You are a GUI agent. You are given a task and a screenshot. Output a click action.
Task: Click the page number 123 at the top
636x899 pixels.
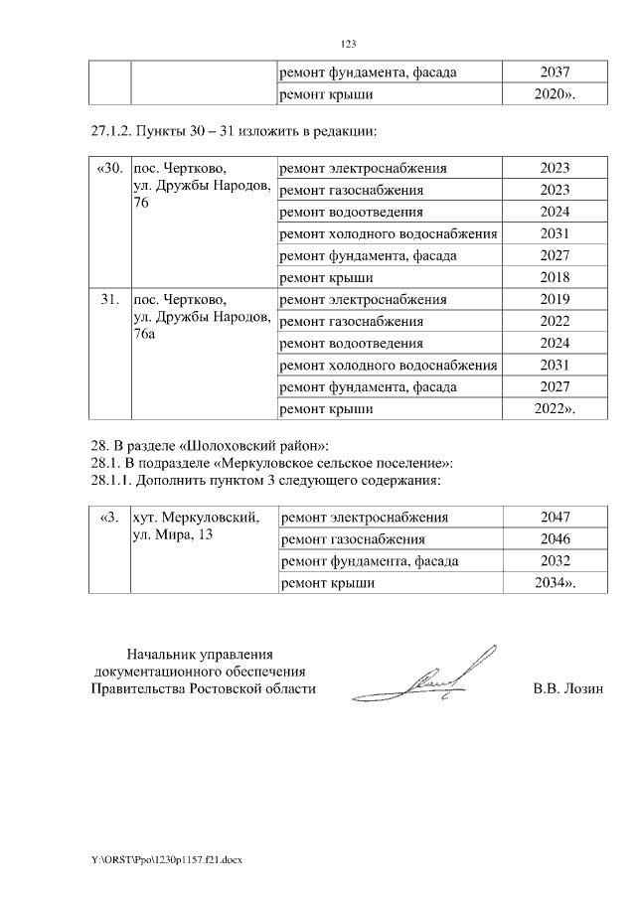click(x=348, y=44)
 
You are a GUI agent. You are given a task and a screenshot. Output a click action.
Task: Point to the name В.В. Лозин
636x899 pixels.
click(x=568, y=688)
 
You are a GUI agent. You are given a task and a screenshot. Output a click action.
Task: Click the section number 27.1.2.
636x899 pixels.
click(x=109, y=131)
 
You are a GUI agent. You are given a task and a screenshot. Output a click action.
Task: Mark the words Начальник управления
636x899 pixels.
click(x=200, y=654)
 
